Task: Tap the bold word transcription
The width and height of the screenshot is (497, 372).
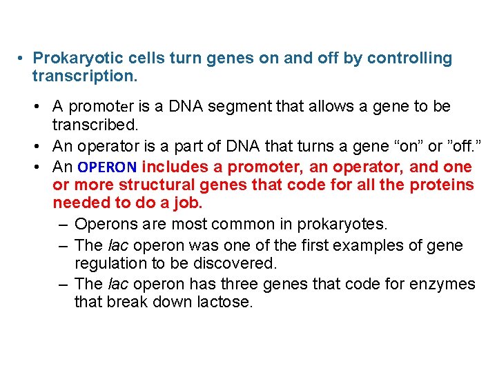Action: coord(85,76)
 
